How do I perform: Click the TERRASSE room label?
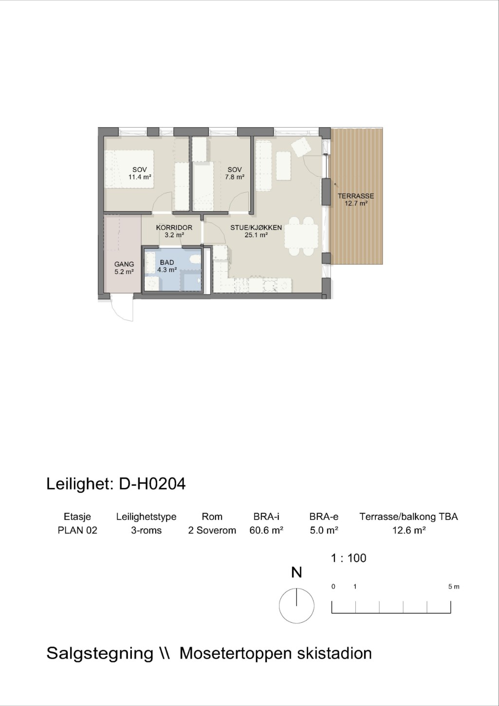pyautogui.click(x=356, y=196)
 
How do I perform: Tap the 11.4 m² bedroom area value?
pyautogui.click(x=140, y=177)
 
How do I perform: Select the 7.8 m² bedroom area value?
pyautogui.click(x=235, y=177)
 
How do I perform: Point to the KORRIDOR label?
pyautogui.click(x=174, y=227)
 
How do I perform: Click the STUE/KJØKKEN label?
pyautogui.click(x=256, y=227)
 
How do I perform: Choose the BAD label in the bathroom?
pyautogui.click(x=167, y=262)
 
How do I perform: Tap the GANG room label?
pyautogui.click(x=124, y=264)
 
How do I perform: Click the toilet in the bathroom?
pyautogui.click(x=195, y=259)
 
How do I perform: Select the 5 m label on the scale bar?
pyautogui.click(x=454, y=587)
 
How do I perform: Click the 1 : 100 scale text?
pyautogui.click(x=348, y=558)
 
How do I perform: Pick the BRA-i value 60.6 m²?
pyautogui.click(x=266, y=530)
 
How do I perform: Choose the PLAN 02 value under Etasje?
pyautogui.click(x=77, y=530)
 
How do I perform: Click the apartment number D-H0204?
pyautogui.click(x=152, y=484)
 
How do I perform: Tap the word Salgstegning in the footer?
pyautogui.click(x=100, y=653)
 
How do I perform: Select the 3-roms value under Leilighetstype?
pyautogui.click(x=146, y=530)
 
